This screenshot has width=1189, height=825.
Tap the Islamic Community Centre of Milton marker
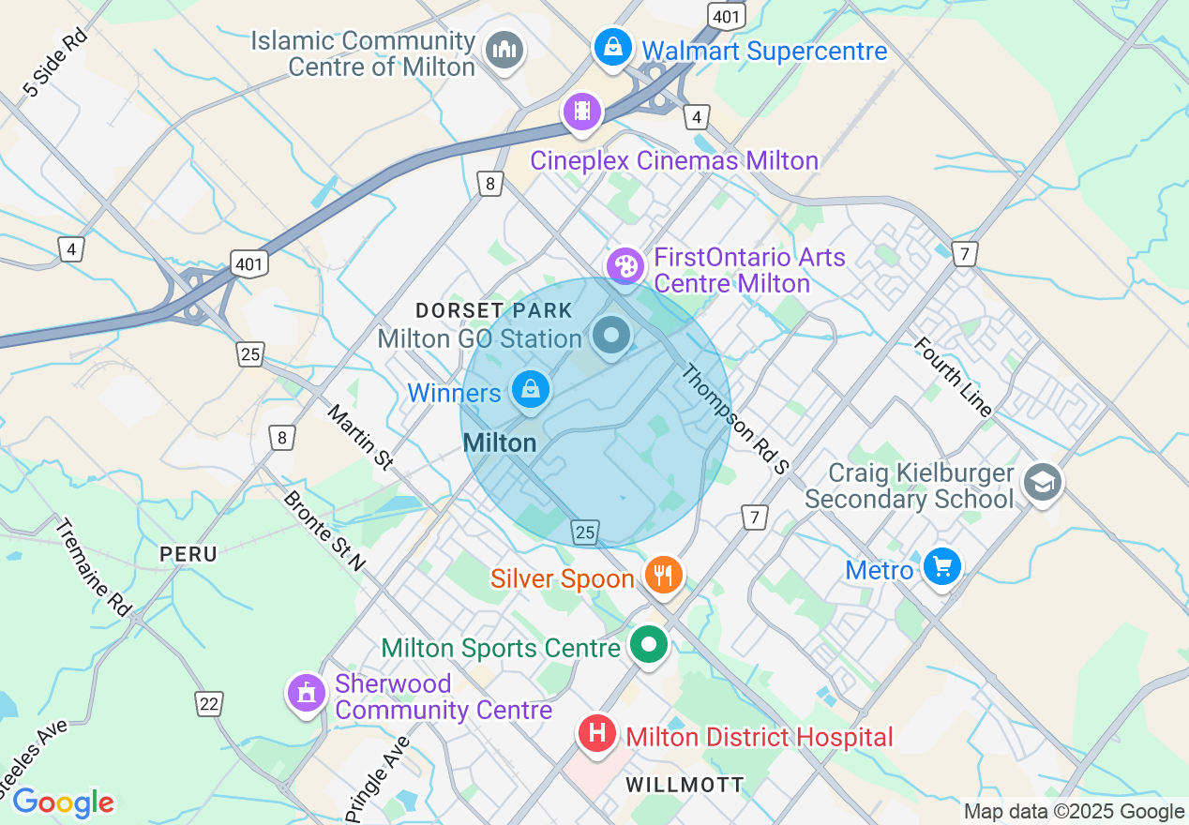(504, 50)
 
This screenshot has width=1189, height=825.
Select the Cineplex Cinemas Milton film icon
(582, 112)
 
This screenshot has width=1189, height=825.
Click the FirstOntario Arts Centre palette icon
(625, 265)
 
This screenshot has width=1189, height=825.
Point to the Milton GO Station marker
(611, 336)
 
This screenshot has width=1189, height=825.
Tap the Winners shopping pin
(530, 388)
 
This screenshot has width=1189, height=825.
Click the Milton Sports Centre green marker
(648, 645)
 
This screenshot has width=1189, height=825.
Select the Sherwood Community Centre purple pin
(306, 694)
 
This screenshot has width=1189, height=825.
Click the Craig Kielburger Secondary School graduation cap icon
(1042, 483)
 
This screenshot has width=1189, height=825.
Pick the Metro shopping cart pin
(941, 566)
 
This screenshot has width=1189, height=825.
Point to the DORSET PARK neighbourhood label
(493, 309)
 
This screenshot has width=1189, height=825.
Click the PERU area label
(188, 554)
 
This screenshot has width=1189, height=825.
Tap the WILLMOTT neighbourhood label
(685, 785)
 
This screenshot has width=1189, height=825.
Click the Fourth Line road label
(954, 376)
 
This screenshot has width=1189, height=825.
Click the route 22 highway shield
(208, 702)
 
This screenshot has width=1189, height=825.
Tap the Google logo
(63, 802)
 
